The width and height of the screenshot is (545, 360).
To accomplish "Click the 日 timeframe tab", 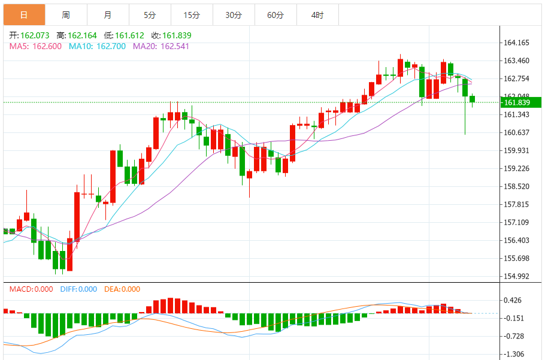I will [23, 15].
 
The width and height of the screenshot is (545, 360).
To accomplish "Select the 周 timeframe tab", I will [65, 15].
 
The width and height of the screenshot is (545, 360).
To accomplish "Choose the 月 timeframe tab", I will [107, 15].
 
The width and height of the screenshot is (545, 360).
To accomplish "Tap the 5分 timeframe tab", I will [150, 15].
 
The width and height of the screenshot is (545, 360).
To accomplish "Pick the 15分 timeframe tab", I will [192, 15].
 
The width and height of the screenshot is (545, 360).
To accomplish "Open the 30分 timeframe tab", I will [234, 15].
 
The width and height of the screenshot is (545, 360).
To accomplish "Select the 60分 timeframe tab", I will [275, 15].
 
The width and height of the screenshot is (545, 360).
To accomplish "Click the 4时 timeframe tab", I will [317, 15].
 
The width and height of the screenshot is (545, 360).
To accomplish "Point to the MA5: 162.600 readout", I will [35, 46].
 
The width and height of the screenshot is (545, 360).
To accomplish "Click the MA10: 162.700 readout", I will [97, 46].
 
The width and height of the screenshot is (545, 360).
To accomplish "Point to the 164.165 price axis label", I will [517, 43].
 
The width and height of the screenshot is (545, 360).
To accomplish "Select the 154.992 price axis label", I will [517, 276].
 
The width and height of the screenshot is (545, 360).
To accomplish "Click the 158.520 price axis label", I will [517, 186].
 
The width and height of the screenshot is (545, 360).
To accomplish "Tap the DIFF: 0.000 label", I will [78, 289].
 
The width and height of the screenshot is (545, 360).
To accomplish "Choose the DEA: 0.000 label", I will [122, 289].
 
